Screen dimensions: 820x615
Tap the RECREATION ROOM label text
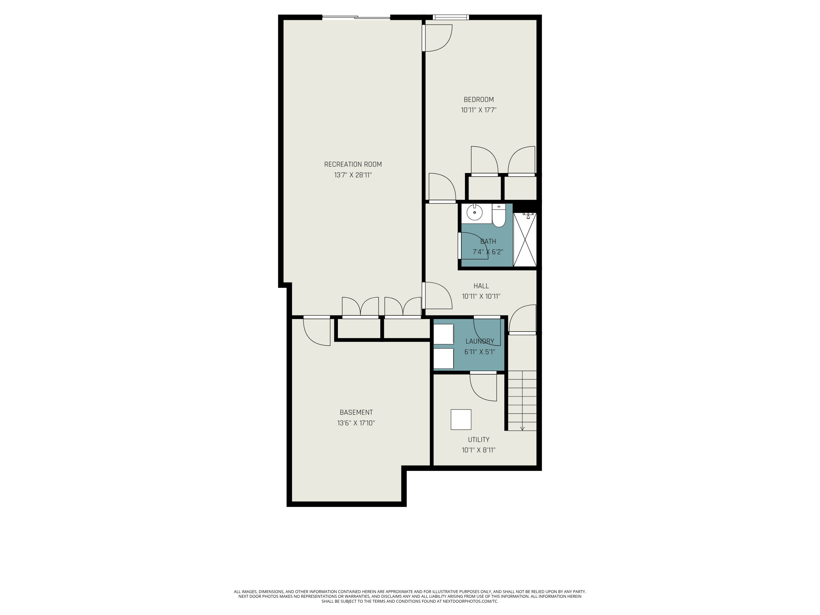[353, 164]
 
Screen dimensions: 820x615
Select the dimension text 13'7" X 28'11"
[353, 175]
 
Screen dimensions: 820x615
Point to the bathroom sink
[475, 213]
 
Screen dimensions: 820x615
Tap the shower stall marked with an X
[525, 239]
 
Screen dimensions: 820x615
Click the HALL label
[481, 286]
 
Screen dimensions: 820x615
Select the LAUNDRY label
[480, 341]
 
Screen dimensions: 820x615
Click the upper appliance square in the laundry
[444, 334]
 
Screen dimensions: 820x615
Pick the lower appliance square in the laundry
[444, 358]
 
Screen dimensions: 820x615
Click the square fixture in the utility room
[461, 420]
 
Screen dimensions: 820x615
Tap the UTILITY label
[479, 440]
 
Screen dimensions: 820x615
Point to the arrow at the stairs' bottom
[522, 429]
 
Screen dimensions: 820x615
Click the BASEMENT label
[356, 412]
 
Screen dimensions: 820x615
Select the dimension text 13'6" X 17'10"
[356, 423]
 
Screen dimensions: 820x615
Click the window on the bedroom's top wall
[451, 17]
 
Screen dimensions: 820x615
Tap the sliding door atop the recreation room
[356, 17]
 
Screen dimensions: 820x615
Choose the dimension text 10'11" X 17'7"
[479, 110]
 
